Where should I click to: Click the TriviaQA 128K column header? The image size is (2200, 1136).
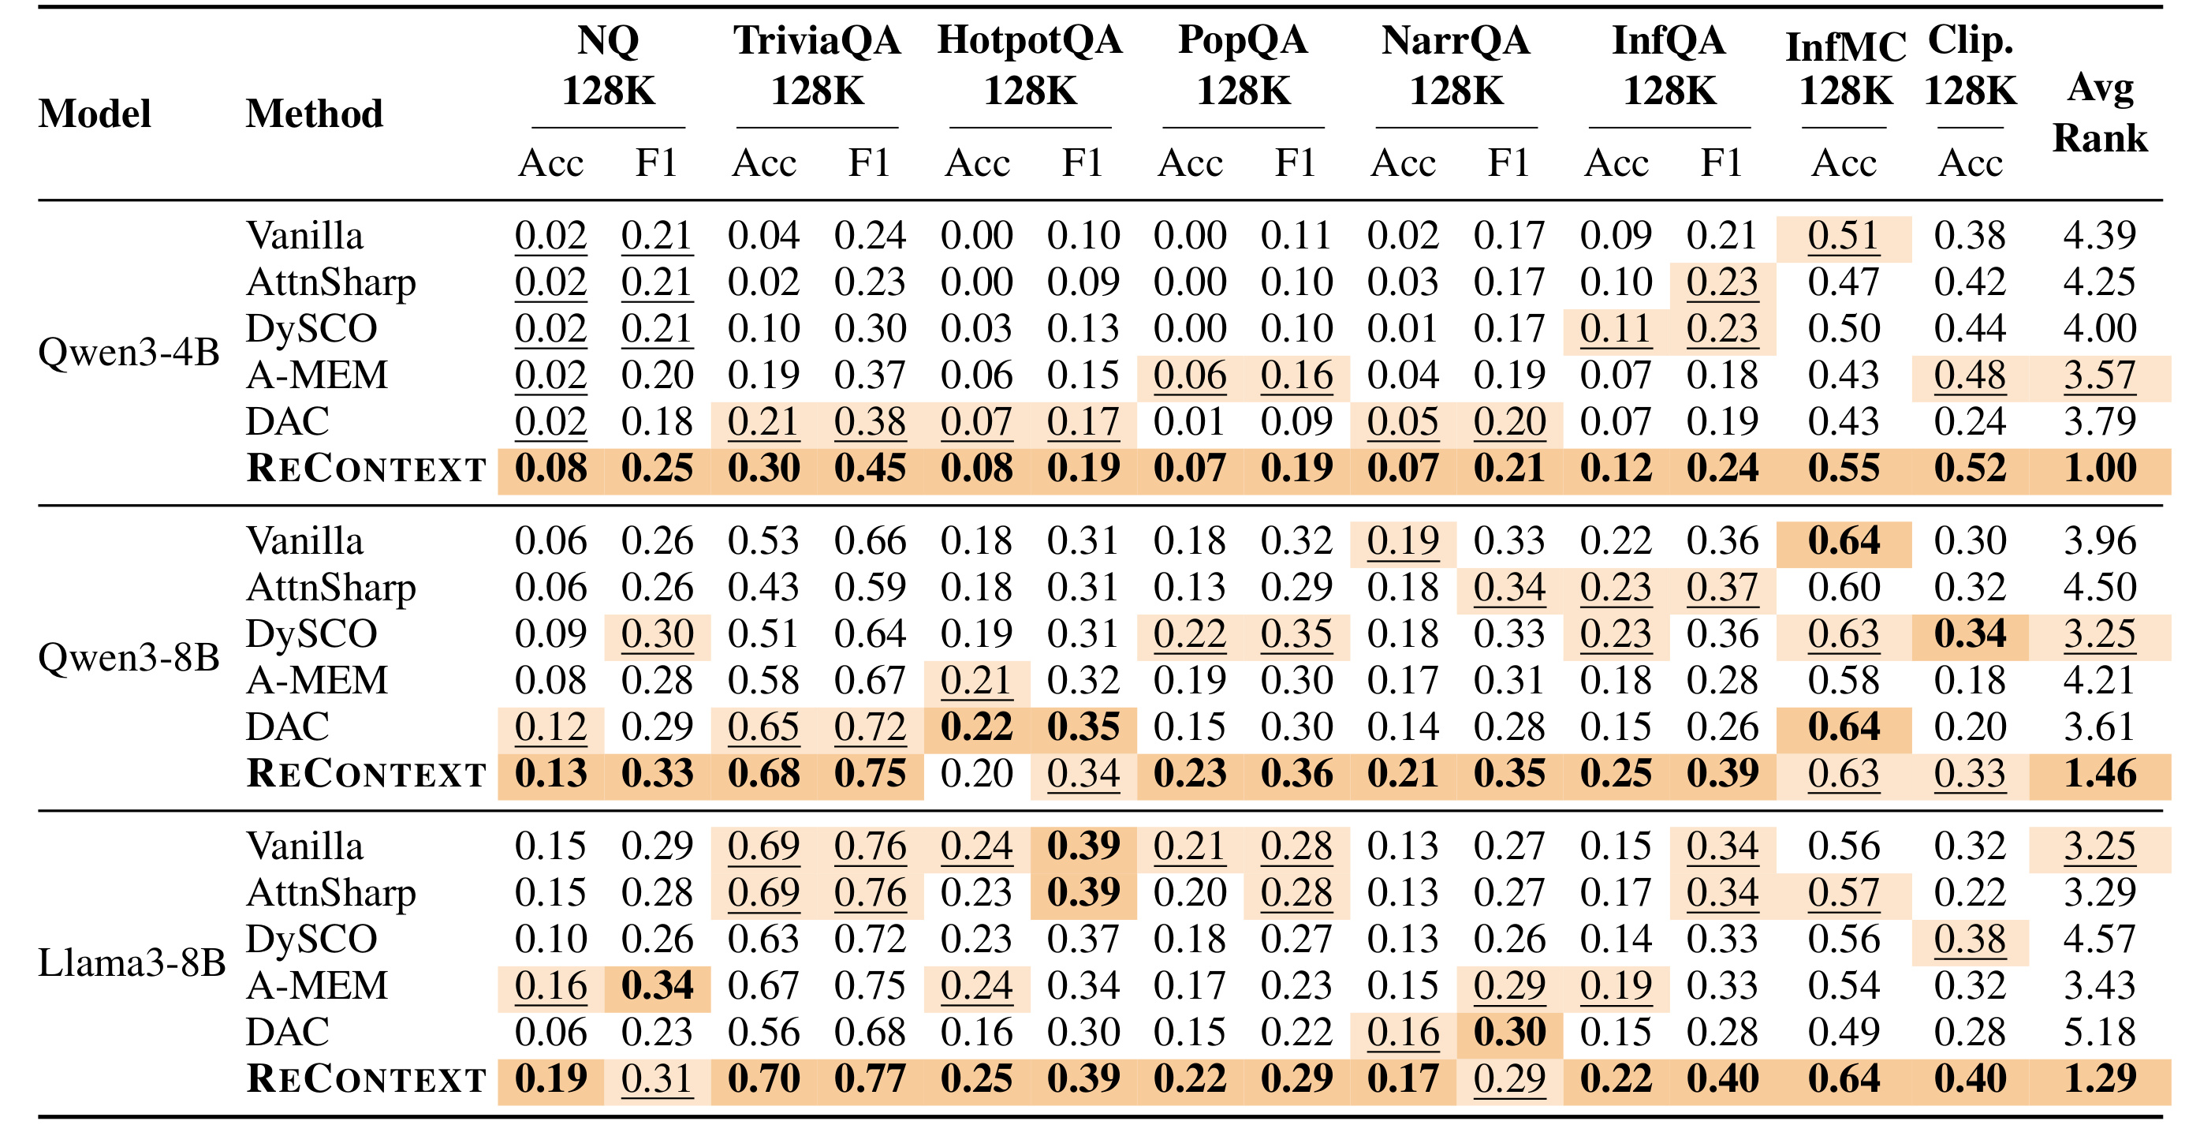(818, 65)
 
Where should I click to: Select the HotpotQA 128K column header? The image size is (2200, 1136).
(1030, 65)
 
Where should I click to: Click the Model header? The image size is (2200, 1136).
(95, 114)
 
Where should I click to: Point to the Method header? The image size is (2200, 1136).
(315, 114)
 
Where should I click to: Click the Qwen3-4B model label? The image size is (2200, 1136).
(129, 352)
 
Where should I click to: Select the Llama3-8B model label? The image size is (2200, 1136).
(132, 962)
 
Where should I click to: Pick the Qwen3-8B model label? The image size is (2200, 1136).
(129, 658)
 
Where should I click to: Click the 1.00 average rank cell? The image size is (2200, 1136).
(2100, 468)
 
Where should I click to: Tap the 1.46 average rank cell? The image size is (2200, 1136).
(2100, 774)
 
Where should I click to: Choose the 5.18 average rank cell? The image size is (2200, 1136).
(2100, 1033)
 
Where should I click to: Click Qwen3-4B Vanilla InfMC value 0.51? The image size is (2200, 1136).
(1844, 236)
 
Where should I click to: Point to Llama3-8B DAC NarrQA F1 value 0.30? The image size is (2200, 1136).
(1510, 1033)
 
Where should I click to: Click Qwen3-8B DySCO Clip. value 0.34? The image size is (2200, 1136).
(1971, 634)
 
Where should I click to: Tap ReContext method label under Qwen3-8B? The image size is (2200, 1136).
(367, 774)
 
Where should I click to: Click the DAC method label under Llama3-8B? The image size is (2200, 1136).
(288, 1033)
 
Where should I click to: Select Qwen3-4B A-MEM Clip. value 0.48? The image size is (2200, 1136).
(1971, 376)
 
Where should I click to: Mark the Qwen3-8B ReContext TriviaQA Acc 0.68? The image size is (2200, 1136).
(763, 774)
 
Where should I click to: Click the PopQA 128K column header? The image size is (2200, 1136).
(1243, 65)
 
